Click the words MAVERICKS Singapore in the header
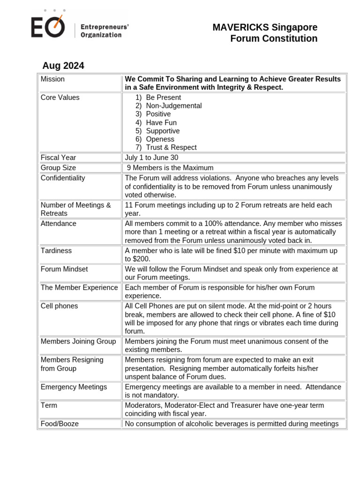(265, 27)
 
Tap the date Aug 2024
(63, 66)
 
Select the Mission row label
(52, 79)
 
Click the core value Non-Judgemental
(173, 106)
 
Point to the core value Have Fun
(161, 123)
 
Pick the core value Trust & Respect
(171, 148)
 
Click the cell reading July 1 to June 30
(151, 158)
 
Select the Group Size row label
(58, 168)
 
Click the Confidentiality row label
(63, 178)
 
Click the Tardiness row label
(56, 251)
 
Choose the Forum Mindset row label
(64, 270)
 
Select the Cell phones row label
(59, 306)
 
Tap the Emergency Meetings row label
(74, 387)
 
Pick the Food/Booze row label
(60, 424)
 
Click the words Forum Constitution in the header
(274, 39)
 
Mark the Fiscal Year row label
(58, 158)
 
